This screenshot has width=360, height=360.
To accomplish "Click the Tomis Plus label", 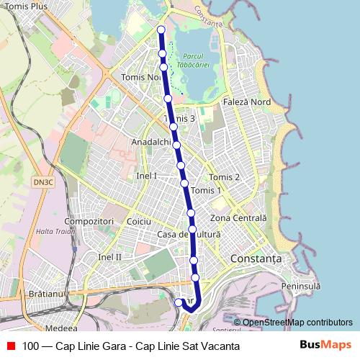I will [24, 6].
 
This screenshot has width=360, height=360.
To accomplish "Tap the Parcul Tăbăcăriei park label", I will [194, 61].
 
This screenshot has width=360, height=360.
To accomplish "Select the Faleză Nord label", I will [247, 102].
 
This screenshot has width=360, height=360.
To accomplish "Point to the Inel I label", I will [147, 176].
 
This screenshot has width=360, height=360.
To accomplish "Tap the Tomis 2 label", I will [224, 177].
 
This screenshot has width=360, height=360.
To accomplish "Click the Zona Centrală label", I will [239, 217].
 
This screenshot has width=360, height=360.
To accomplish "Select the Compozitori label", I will [89, 220].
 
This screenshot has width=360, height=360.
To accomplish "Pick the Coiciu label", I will [138, 222].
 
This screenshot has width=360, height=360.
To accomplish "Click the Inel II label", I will [110, 256].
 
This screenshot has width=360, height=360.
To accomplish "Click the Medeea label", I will [60, 326].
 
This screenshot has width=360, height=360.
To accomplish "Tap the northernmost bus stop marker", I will [161, 30].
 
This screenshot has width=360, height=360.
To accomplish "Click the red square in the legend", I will [11, 346].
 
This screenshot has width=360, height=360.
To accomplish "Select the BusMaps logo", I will [324, 346].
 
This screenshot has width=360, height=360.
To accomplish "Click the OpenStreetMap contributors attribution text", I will [297, 323].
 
